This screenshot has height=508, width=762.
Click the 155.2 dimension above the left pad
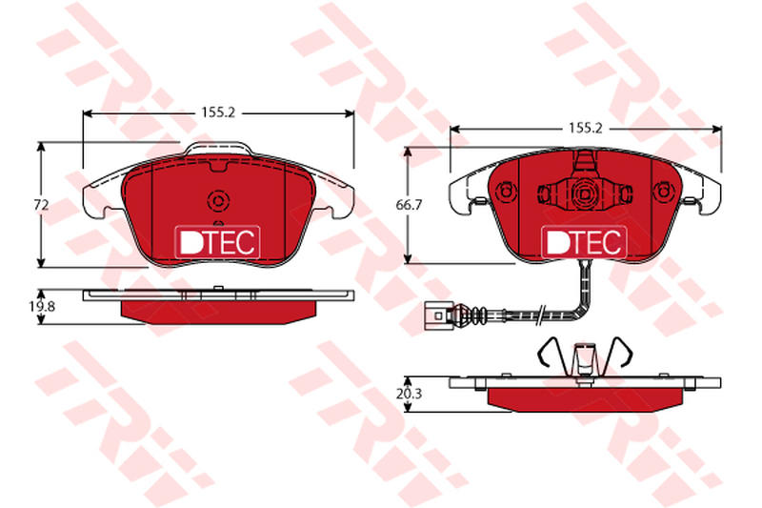click(x=218, y=112)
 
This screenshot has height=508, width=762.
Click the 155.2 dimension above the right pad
click(x=586, y=129)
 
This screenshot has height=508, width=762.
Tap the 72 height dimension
click(x=42, y=205)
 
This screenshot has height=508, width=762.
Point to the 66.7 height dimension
click(x=409, y=205)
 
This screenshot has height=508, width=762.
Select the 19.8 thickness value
click(x=43, y=306)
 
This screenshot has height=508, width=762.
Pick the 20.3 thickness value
click(x=409, y=394)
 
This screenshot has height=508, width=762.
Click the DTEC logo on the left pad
click(x=217, y=241)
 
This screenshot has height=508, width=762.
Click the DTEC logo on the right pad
click(x=584, y=241)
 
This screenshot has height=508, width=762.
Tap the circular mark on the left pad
click(x=218, y=200)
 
